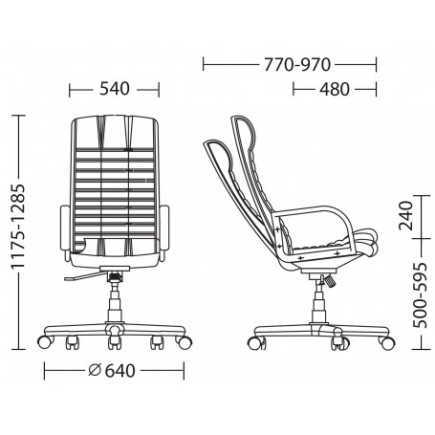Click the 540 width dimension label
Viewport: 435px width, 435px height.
click(x=114, y=89)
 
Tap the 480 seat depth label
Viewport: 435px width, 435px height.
click(x=336, y=89)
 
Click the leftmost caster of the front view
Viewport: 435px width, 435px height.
click(x=43, y=339)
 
